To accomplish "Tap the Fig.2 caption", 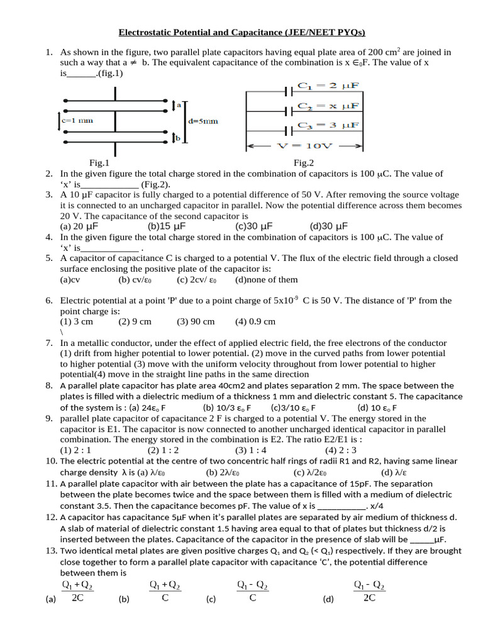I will pyautogui.click(x=304, y=163).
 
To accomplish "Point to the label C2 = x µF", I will pyautogui.click(x=328, y=106).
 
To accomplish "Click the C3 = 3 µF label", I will pyautogui.click(x=328, y=126).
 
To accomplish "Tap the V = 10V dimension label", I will pyautogui.click(x=304, y=145).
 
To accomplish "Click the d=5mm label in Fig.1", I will pyautogui.click(x=204, y=121).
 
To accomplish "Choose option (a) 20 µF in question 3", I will pyautogui.click(x=80, y=226).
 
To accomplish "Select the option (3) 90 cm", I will pyautogui.click(x=196, y=321).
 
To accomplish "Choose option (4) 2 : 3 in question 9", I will pyautogui.click(x=341, y=450).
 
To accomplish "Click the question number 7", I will pyautogui.click(x=49, y=343).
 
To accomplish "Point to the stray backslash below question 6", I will pyautogui.click(x=62, y=332).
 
